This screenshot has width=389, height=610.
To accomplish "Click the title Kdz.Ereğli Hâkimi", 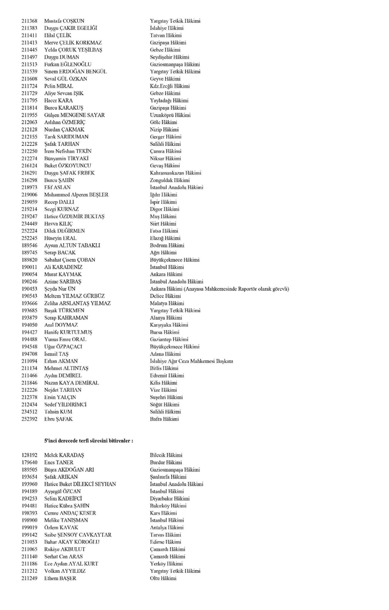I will (169, 86).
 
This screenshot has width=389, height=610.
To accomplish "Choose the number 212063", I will (29, 122).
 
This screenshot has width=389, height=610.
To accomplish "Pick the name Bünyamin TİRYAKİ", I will (67, 158).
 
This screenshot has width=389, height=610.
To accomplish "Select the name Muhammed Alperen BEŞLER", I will (76, 195).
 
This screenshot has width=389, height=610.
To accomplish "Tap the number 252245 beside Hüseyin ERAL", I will (29, 238).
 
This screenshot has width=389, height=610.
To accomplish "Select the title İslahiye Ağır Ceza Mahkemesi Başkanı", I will (191, 361).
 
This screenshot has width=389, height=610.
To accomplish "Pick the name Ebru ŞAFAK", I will (58, 419).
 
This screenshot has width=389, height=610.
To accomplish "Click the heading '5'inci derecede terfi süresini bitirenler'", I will (88, 441).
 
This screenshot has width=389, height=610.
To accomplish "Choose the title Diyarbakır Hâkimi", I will (169, 499).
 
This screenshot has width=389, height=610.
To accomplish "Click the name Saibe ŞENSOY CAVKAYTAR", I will (78, 535).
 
